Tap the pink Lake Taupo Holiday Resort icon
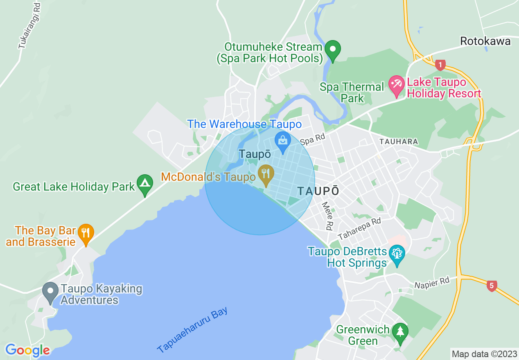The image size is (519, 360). click(x=396, y=84)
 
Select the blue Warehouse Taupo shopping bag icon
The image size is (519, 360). click(x=282, y=140)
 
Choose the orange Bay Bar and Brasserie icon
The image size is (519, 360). click(x=86, y=233)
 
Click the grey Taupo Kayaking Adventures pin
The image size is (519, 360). click(x=51, y=292)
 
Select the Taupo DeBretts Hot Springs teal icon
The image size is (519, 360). click(x=397, y=254)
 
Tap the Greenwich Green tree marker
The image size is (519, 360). click(x=400, y=332)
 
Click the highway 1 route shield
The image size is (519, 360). click(x=440, y=65)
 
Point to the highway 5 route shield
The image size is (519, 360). click(x=492, y=286)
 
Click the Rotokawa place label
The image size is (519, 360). click(x=485, y=41)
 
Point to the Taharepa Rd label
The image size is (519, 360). click(x=359, y=229)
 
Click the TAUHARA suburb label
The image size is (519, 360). click(x=398, y=142)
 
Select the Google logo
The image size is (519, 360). click(x=27, y=350)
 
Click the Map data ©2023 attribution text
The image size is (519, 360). click(x=483, y=353)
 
